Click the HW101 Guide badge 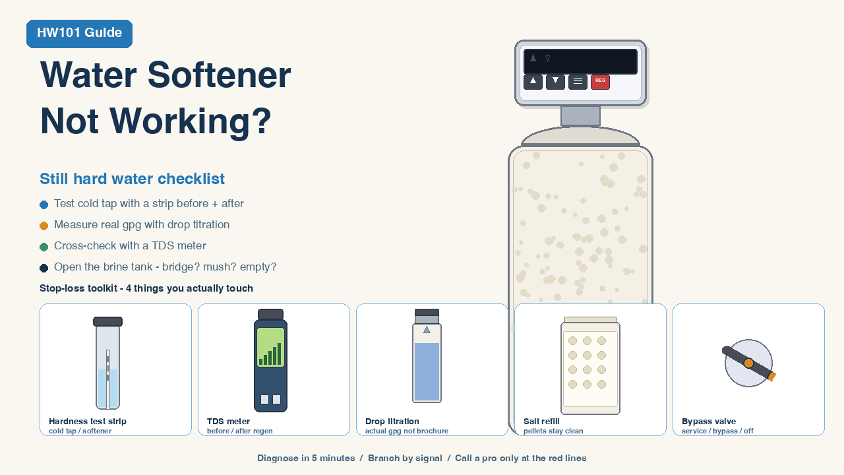[79, 34]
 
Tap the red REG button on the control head [600, 81]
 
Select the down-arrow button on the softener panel [555, 81]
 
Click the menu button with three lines [578, 81]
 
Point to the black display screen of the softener [580, 61]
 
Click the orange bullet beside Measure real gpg [44, 226]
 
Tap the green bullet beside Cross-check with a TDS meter [44, 247]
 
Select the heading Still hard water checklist [132, 179]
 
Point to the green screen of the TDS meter [270, 347]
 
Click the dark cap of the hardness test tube [107, 321]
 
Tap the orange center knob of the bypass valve [748, 363]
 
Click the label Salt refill [541, 421]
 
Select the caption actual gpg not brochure [407, 431]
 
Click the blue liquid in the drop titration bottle [427, 371]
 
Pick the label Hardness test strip [88, 421]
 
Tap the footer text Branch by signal [405, 458]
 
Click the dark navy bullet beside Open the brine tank [44, 268]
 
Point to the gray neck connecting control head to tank [580, 115]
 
